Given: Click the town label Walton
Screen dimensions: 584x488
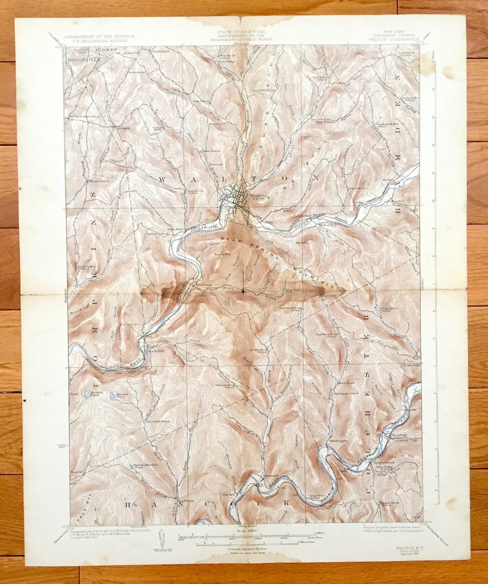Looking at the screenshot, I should click(x=256, y=195).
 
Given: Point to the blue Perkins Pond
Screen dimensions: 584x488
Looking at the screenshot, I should click(x=88, y=393).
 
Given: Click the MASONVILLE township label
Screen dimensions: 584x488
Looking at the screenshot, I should click(x=84, y=60).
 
